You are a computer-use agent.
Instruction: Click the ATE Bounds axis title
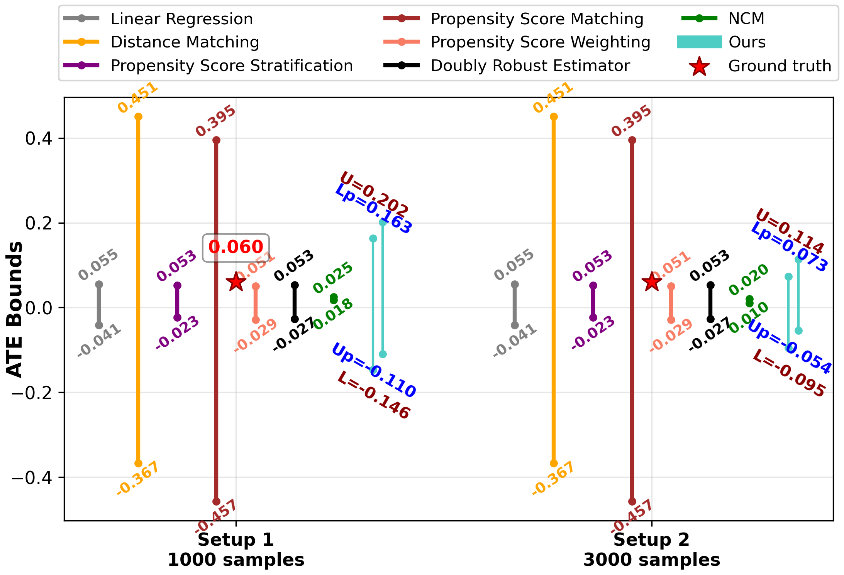pos(15,309)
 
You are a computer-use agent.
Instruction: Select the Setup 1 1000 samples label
pos(236,550)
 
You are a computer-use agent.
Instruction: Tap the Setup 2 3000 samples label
pos(652,550)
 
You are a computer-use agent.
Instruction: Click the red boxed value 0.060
pos(236,247)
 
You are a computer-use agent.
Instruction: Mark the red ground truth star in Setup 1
pos(236,282)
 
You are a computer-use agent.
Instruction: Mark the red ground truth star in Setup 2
pos(652,282)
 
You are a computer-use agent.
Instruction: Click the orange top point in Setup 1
pos(138,117)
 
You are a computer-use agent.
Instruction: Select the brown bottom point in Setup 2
pos(632,502)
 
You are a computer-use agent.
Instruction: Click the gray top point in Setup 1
pos(99,285)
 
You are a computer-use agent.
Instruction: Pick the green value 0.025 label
pos(333,278)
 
